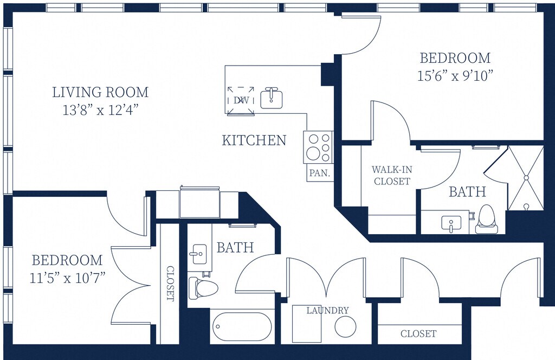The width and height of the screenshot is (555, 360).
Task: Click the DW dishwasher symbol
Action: pos(241,100)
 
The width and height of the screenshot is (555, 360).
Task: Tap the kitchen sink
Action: pos(272,99)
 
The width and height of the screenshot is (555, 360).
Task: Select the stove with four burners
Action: pos(318,147)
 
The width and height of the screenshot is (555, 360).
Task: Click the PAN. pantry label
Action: pos(320,173)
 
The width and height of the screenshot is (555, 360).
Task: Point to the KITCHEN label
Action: pos(254,140)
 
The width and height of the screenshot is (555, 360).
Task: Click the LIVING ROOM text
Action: pos(100,92)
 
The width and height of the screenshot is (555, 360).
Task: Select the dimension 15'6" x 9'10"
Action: pos(455,76)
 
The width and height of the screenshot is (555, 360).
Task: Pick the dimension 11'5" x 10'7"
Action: pos(67,278)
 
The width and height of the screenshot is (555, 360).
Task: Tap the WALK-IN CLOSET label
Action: pos(392,175)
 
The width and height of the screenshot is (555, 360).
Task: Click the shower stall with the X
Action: pos(526,178)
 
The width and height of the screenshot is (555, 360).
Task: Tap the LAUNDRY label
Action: pos(327,311)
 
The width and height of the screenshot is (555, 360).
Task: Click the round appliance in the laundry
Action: pos(345,326)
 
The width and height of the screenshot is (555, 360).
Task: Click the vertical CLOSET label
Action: pos(170,284)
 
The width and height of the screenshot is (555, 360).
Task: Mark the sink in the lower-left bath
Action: pos(199,254)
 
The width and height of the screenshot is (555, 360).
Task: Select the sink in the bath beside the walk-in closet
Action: pos(451,224)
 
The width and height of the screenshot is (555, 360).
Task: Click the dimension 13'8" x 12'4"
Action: pos(100,111)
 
